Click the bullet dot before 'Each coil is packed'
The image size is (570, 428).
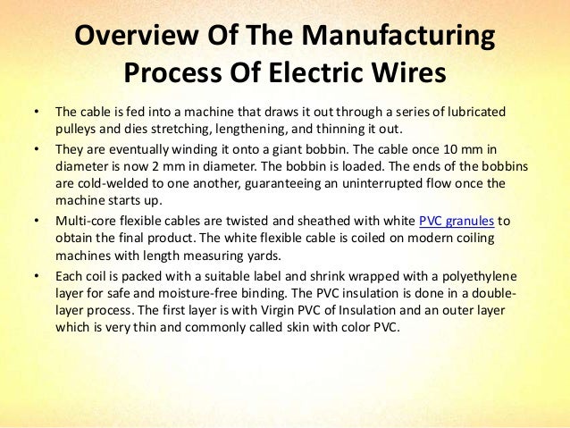(36, 276)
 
